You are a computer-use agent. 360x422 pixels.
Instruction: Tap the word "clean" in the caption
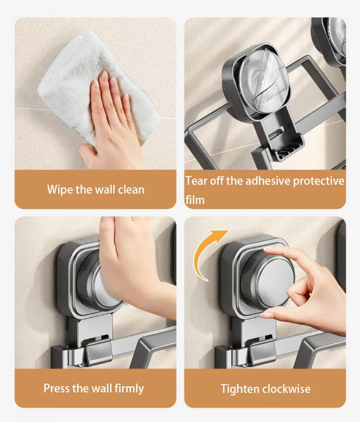(131, 189)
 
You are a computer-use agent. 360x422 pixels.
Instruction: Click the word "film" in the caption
(195, 200)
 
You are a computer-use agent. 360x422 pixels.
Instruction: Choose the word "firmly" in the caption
(129, 389)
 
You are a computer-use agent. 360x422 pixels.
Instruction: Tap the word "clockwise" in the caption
(286, 389)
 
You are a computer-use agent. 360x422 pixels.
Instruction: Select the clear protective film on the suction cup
(263, 81)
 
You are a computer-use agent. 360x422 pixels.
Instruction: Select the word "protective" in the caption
(318, 181)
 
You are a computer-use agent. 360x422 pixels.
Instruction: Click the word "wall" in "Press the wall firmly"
(101, 388)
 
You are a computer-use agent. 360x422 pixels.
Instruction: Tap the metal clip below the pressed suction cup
(99, 351)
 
